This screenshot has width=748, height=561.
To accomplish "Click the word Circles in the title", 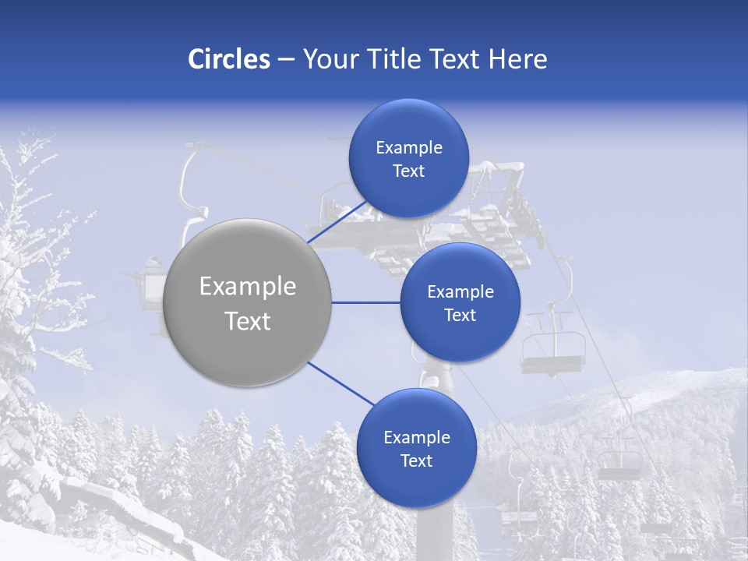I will tap(228, 59).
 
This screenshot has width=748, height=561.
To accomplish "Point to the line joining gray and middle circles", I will tap(365, 302).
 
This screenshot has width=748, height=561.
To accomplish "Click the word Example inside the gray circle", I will tap(248, 287).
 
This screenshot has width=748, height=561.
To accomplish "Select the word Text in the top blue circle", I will tap(408, 171).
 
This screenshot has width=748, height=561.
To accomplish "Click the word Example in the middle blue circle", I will tap(460, 292).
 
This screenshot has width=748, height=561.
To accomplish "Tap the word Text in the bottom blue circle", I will tap(416, 461).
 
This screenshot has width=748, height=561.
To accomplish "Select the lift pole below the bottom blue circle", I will tap(432, 530).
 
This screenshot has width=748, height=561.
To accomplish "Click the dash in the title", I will tap(286, 59).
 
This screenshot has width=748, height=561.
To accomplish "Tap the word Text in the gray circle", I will tap(248, 321).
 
